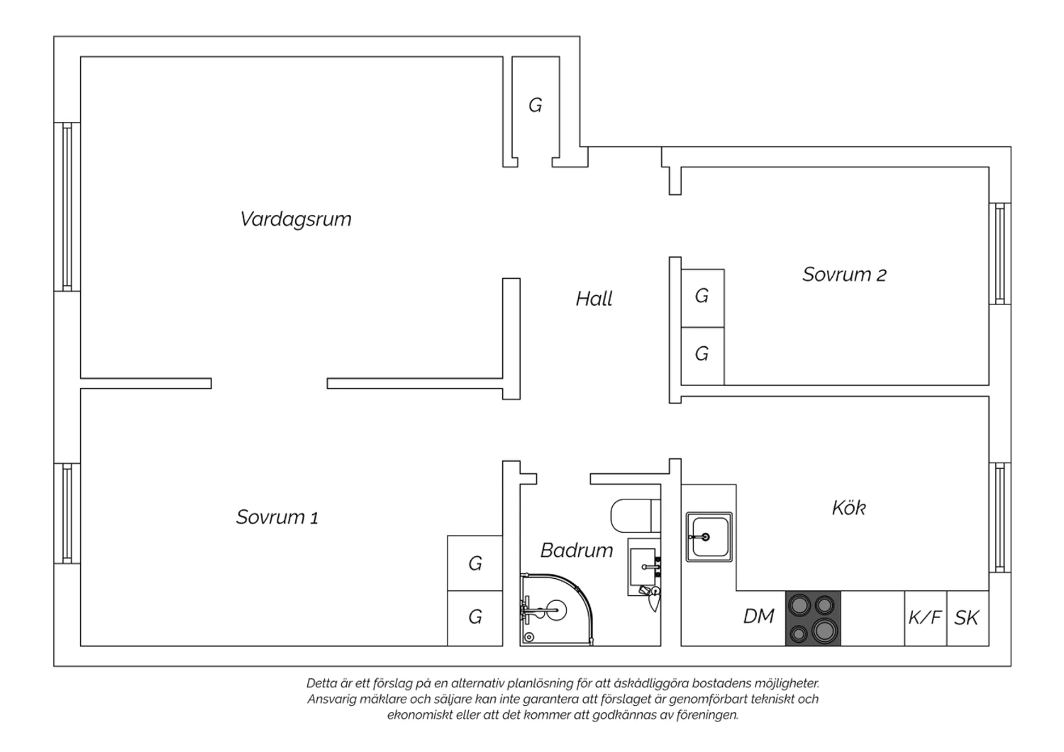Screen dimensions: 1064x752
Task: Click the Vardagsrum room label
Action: click(296, 219)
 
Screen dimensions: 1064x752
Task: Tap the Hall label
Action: click(594, 299)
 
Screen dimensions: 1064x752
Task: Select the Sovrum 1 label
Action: click(277, 517)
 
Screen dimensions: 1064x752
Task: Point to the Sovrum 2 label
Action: click(844, 275)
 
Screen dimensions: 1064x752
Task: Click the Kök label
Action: click(848, 508)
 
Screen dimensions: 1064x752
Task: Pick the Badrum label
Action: click(576, 550)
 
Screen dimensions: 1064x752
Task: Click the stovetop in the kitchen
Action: click(813, 618)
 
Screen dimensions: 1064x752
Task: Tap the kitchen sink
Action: click(709, 537)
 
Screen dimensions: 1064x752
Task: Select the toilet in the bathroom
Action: click(635, 516)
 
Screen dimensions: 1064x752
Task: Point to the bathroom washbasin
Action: click(644, 567)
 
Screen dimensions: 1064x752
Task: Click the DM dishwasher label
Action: click(758, 616)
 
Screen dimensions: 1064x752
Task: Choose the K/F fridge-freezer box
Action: click(925, 618)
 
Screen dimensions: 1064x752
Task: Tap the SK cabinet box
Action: click(968, 618)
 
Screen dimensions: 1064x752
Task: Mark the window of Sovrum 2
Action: click(1000, 254)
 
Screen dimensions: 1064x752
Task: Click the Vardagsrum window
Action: click(67, 206)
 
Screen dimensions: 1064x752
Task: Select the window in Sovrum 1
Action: click(67, 513)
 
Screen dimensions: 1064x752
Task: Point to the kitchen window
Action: click(1000, 517)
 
